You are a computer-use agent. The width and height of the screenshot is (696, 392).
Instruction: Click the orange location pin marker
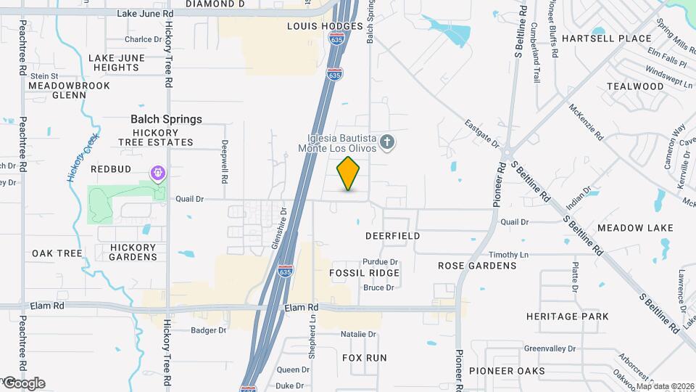point(349,173)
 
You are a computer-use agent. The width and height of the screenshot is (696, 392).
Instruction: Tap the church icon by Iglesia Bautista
point(387,142)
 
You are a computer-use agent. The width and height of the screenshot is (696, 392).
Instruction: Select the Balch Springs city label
point(166,119)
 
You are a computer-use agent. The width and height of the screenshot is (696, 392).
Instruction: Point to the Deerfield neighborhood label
point(393,236)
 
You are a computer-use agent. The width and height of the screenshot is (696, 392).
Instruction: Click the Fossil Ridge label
point(364,273)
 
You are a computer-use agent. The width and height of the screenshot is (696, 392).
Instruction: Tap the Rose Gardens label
point(477,266)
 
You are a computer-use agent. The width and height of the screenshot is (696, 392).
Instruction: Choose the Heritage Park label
point(568,317)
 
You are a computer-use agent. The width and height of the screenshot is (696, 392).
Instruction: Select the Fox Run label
point(364,358)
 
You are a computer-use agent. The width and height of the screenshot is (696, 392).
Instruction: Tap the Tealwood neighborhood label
point(635,86)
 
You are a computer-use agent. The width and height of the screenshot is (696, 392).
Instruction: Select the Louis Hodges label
point(324,26)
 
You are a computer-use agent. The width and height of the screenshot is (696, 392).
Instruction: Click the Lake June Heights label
point(114,62)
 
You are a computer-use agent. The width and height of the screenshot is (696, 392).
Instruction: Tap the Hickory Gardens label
point(133,252)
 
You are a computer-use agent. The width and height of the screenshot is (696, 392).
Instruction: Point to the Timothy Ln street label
point(508,255)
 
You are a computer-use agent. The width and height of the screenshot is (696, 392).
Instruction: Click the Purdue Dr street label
point(381,262)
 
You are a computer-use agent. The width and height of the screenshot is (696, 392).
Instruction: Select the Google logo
point(24,383)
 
